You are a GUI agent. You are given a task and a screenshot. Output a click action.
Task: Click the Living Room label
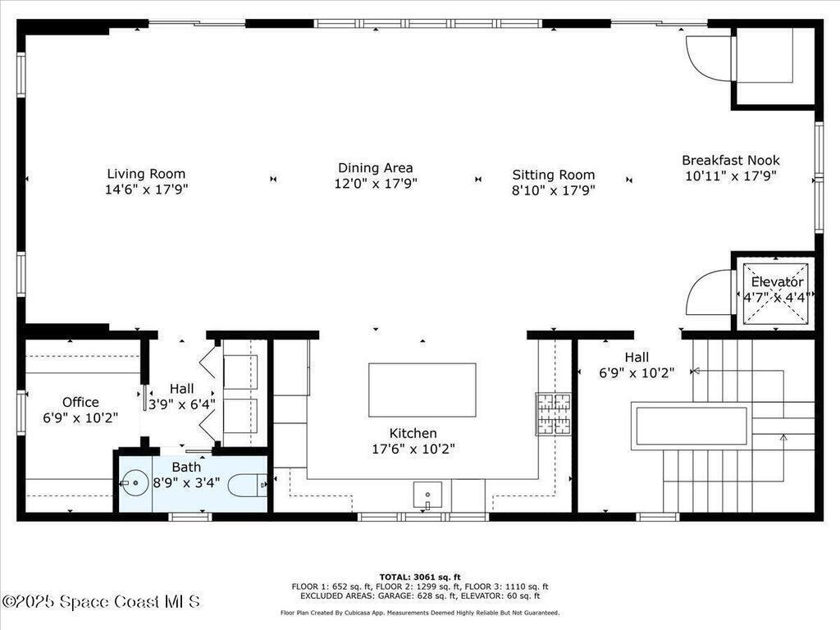[x=146, y=174]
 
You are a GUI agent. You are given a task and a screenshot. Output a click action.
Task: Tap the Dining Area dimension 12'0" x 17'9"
[x=376, y=184]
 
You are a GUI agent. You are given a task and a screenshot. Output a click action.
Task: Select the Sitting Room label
[x=554, y=175]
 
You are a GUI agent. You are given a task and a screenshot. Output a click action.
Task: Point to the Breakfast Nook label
[x=731, y=160]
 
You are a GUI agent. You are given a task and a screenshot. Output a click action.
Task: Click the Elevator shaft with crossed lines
[x=774, y=294]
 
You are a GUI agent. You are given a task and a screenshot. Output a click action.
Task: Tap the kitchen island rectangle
[x=422, y=390]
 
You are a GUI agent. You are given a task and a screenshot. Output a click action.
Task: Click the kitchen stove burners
[x=554, y=413]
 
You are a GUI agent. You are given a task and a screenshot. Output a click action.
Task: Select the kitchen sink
[x=427, y=495]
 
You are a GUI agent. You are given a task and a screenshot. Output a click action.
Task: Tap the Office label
[x=80, y=402]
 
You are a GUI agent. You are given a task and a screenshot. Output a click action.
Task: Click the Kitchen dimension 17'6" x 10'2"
[x=413, y=449]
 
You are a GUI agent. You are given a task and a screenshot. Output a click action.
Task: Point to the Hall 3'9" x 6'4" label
[x=181, y=396]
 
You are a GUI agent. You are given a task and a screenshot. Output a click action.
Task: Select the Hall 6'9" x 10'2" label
[x=637, y=365]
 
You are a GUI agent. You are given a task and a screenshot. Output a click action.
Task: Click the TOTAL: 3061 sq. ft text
[x=420, y=577]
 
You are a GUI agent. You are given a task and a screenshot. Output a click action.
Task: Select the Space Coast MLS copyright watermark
[x=101, y=601]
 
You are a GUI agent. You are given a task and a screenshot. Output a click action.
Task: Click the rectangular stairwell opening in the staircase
[x=691, y=426]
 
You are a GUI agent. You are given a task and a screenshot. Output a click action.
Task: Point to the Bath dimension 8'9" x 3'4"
[x=186, y=482]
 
